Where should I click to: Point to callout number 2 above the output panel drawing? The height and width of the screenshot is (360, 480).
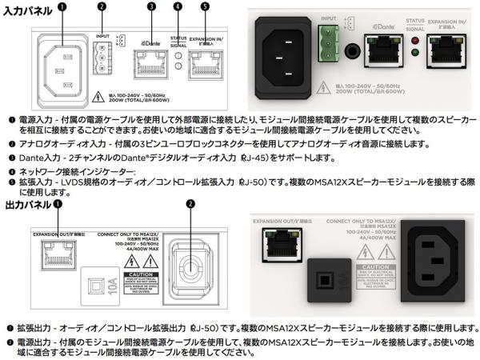tap(190, 204)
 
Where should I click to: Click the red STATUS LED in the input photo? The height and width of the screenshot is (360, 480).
tap(414, 41)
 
